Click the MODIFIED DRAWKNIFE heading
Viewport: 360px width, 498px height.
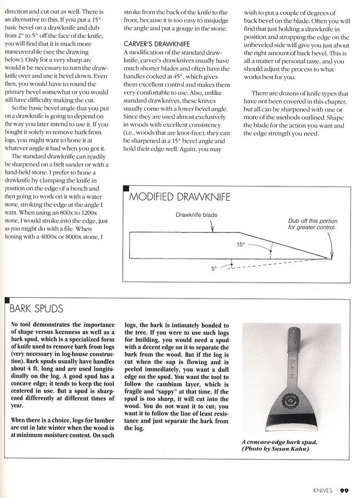pyautogui.click(x=180, y=196)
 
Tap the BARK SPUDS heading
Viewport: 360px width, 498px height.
pyautogui.click(x=37, y=309)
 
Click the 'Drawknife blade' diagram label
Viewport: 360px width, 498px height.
pyautogui.click(x=196, y=215)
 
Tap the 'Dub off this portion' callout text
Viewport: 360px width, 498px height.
pyautogui.click(x=312, y=221)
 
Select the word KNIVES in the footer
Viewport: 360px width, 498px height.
pyautogui.click(x=322, y=490)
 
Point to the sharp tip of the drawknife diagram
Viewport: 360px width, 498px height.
pyautogui.click(x=331, y=258)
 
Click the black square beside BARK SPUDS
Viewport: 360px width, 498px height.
pyautogui.click(x=7, y=301)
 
